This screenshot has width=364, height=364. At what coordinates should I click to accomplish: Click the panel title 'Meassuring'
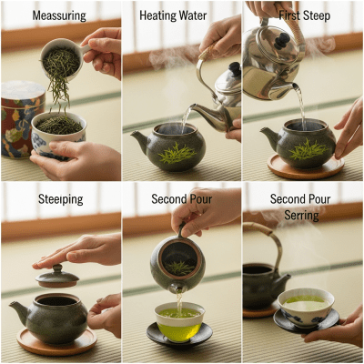60,15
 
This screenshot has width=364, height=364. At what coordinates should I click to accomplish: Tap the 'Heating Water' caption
181,15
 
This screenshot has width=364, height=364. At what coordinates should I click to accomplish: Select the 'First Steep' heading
302,15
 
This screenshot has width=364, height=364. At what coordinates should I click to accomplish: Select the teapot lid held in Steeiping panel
56,276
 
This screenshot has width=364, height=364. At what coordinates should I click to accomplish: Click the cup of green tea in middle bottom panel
179,320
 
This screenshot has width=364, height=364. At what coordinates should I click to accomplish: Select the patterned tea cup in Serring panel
308,306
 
